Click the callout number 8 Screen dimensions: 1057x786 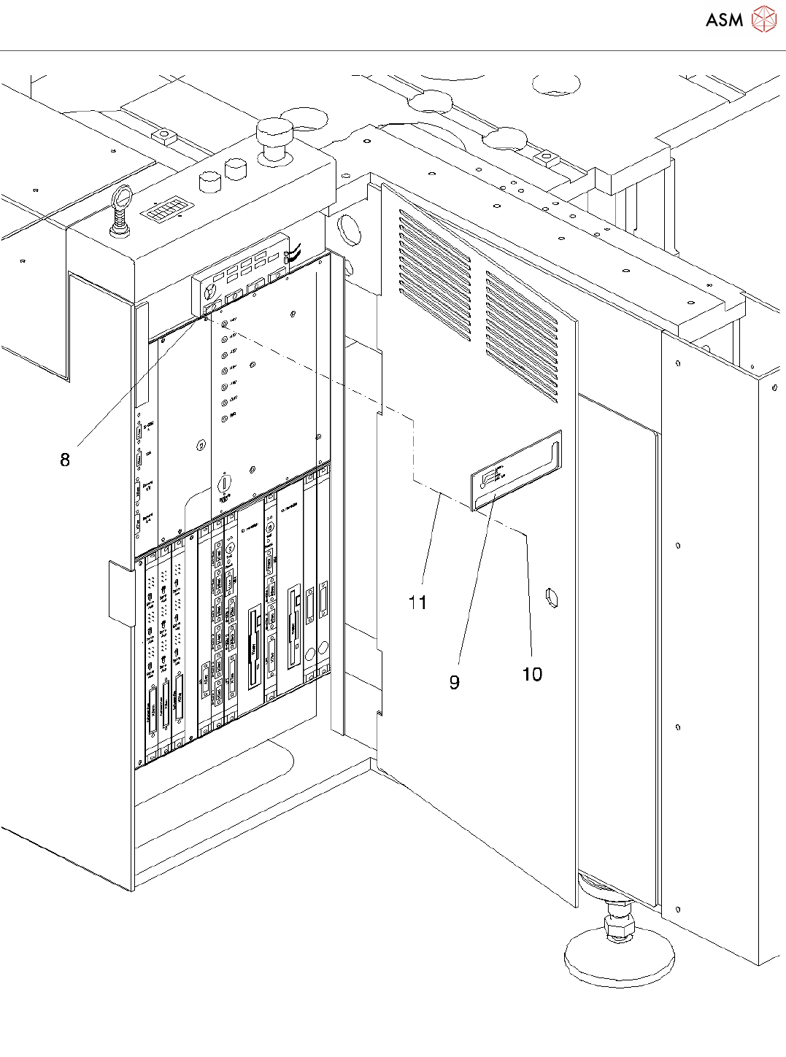click(x=65, y=460)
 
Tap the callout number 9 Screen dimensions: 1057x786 click(x=454, y=682)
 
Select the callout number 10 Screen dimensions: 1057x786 click(x=532, y=674)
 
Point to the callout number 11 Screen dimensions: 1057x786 click(x=417, y=603)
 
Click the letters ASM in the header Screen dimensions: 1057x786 click(x=724, y=20)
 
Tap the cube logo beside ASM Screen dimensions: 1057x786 click(x=763, y=20)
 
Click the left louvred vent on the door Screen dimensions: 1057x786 click(x=434, y=276)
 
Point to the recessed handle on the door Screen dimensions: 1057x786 click(x=517, y=471)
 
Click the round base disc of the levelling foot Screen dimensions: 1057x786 click(x=619, y=961)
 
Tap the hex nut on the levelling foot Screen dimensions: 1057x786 click(x=619, y=929)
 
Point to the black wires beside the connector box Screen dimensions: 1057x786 click(x=294, y=255)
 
